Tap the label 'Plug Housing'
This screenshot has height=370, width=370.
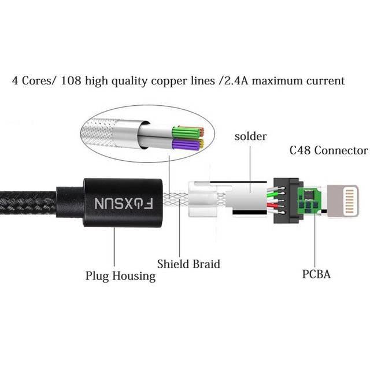pyautogui.click(x=120, y=276)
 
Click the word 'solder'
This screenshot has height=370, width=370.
pyautogui.click(x=250, y=136)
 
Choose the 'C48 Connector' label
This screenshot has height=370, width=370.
pyautogui.click(x=328, y=150)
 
